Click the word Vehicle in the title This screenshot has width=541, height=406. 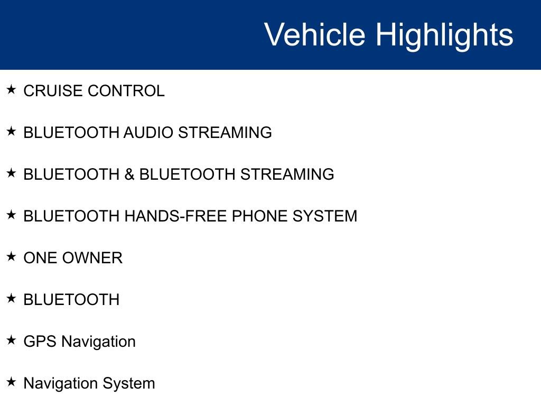[314, 35]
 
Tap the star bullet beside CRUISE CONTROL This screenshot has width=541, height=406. [12, 89]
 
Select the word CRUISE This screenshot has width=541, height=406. [53, 91]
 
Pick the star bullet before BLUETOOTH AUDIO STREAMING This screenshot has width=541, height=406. [12, 131]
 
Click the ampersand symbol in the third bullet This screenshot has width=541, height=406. [129, 174]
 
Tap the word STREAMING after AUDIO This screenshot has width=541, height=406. [225, 133]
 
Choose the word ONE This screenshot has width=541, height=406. [41, 258]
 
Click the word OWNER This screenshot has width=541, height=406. [92, 258]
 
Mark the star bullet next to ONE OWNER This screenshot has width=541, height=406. [12, 256]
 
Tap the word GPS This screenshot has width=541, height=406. [40, 342]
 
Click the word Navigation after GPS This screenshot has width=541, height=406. [98, 342]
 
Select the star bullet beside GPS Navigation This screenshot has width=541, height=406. [12, 340]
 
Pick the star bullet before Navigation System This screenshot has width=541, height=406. [12, 382]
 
